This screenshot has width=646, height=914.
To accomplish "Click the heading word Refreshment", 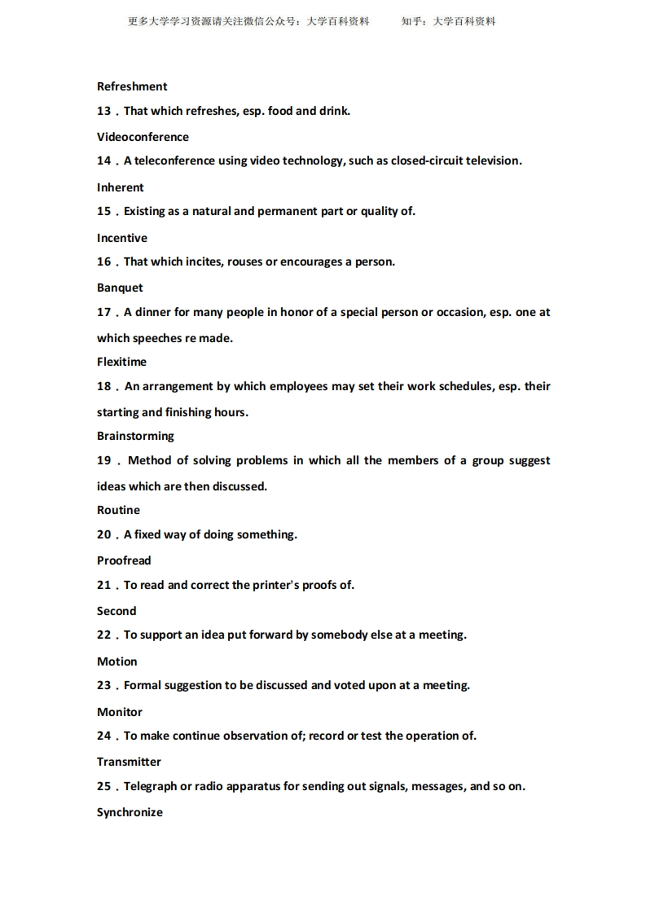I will click(132, 86).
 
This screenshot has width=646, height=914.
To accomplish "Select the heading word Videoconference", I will click(143, 137).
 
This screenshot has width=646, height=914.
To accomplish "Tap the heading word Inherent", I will click(120, 187).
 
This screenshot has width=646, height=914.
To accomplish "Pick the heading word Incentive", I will click(122, 238).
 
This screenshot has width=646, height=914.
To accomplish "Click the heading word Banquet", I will click(120, 288).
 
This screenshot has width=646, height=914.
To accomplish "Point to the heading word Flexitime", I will click(121, 362).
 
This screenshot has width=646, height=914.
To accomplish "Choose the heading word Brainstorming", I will click(135, 436).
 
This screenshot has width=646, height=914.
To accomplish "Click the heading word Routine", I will click(118, 510).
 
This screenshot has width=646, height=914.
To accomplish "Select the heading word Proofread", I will click(124, 560).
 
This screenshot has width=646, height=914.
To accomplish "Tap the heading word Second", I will click(116, 611).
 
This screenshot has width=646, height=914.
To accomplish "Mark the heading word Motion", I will click(117, 661).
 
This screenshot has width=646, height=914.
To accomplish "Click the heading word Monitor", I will click(120, 712).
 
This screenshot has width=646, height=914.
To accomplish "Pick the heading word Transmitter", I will click(129, 762).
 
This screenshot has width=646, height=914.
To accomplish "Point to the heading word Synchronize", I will click(130, 812).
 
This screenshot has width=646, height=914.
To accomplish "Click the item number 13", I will click(103, 111).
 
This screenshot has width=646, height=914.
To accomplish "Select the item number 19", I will click(103, 460).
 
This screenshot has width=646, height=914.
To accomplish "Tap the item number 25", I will click(103, 786).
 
